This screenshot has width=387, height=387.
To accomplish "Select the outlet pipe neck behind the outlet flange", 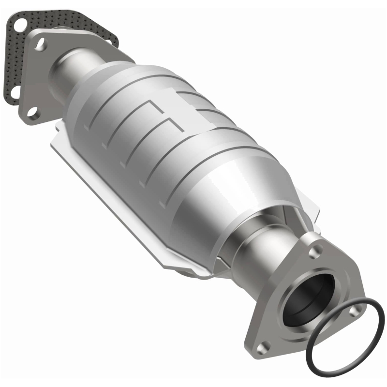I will tap(252, 247).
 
